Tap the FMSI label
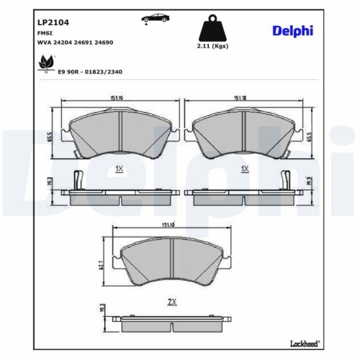click(x=45, y=32)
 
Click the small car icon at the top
click(x=152, y=18)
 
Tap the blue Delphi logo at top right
click(x=294, y=30)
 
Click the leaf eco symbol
click(x=45, y=65)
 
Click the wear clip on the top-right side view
click(x=286, y=179)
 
